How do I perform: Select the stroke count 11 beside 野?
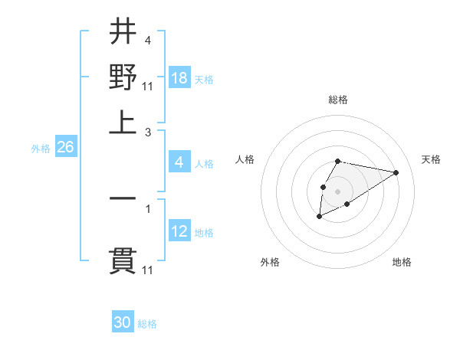[149, 84]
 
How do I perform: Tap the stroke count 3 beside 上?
[147, 132]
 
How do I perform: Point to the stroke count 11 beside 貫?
[149, 270]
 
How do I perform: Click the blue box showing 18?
[179, 78]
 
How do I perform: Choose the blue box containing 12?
[179, 231]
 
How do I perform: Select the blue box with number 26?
[65, 148]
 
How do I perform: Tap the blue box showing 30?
[123, 322]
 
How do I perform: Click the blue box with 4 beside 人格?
[179, 162]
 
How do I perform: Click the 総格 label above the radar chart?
[338, 100]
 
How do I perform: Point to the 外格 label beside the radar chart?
[270, 262]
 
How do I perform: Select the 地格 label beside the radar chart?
[402, 262]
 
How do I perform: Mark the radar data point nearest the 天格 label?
[396, 172]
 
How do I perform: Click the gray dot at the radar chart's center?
[337, 190]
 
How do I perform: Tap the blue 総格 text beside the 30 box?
[147, 324]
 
